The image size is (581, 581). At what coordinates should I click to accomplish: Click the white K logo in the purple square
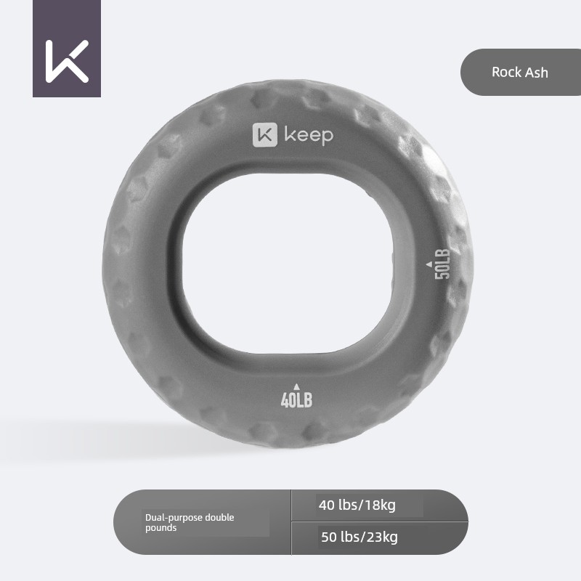click(67, 60)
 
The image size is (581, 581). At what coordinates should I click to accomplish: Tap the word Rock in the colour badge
click(505, 72)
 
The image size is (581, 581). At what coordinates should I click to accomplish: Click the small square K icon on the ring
click(265, 135)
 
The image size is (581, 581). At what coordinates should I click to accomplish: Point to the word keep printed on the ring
click(309, 136)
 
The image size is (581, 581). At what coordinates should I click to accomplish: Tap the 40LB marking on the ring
click(296, 399)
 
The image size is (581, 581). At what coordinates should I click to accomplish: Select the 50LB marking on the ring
click(442, 263)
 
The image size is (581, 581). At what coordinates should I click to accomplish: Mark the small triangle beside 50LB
click(428, 264)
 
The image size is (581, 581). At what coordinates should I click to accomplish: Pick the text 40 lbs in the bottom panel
click(336, 505)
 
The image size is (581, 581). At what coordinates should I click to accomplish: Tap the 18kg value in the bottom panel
click(378, 505)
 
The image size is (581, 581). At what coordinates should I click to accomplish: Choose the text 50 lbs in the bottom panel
click(339, 537)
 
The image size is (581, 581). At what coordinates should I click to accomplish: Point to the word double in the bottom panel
click(219, 518)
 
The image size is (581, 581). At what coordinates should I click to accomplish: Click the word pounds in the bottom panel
click(161, 528)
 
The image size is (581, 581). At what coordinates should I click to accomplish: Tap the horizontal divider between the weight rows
click(378, 521)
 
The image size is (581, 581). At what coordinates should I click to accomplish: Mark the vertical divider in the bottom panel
click(291, 521)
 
